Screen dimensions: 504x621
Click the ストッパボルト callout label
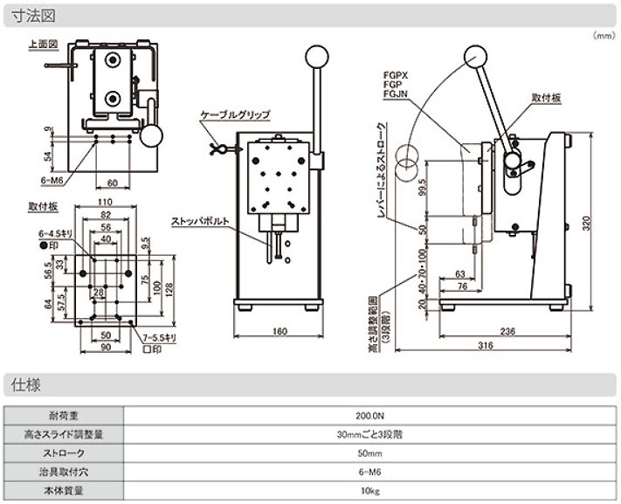[202, 221]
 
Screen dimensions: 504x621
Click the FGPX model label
[396, 76]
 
